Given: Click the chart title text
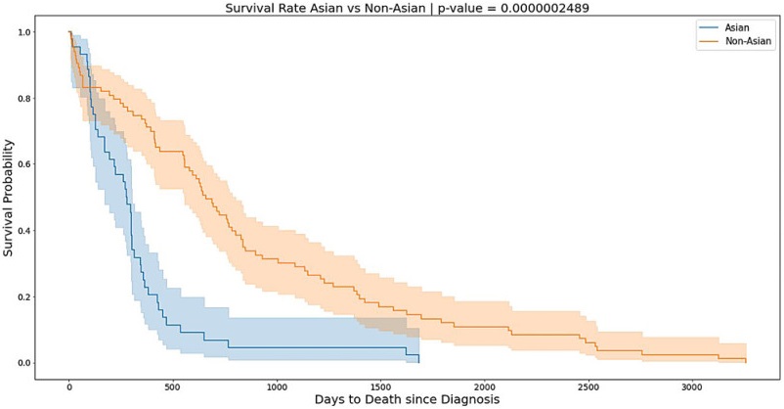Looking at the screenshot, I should tap(391, 9).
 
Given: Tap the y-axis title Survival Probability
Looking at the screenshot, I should tap(11, 198).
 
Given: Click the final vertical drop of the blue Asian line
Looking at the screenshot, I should tap(418, 359).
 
